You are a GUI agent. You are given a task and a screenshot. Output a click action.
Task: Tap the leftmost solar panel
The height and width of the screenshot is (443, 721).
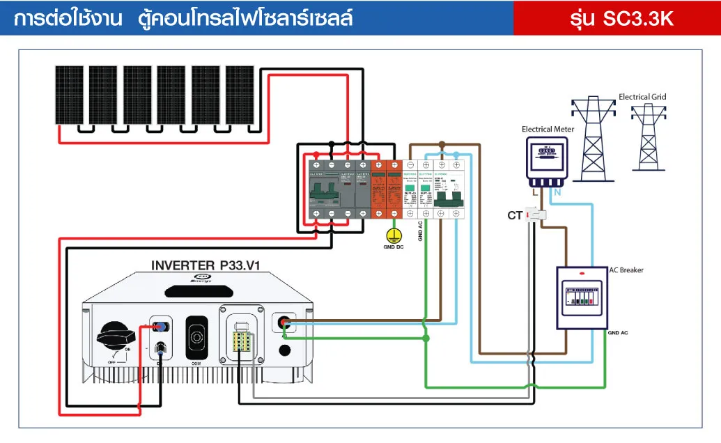(70, 95)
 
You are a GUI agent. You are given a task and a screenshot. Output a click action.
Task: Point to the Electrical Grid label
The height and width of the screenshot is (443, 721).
(642, 97)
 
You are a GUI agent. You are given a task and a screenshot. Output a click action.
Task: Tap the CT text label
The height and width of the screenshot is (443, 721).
(515, 216)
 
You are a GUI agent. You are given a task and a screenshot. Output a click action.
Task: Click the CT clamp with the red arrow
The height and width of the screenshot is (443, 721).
(536, 215)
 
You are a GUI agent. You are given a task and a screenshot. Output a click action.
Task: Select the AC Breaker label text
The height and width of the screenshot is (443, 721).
(626, 270)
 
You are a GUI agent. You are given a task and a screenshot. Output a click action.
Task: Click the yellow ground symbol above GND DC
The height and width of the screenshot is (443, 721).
(394, 235)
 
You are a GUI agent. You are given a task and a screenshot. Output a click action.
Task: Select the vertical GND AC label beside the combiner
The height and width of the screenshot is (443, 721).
(421, 231)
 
